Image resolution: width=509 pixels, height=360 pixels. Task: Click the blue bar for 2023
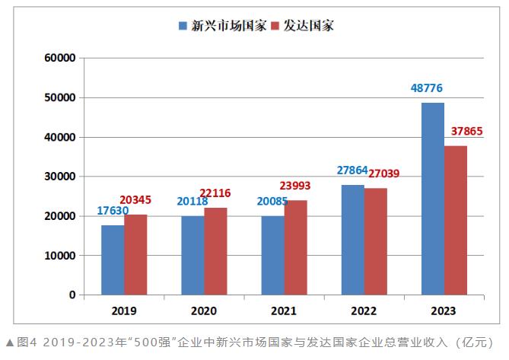432,199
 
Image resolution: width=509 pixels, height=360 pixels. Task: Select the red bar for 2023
455,220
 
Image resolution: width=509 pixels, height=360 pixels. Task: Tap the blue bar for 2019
113,260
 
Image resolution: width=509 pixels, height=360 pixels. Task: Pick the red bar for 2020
215,251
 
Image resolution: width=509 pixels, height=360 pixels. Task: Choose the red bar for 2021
295,247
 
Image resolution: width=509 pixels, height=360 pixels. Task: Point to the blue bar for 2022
353,240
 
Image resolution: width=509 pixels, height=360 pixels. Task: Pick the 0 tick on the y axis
72,295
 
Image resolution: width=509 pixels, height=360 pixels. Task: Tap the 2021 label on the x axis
284,311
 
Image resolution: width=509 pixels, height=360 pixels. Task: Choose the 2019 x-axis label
124,311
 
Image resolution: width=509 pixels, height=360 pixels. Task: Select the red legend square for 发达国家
278,26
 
